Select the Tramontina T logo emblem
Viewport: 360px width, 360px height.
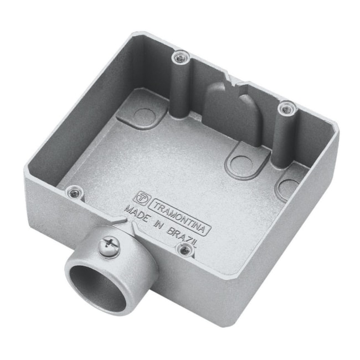coord(143,196)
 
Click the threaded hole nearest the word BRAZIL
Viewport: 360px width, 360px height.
coord(184,250)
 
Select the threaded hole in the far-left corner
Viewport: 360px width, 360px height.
coord(73,193)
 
